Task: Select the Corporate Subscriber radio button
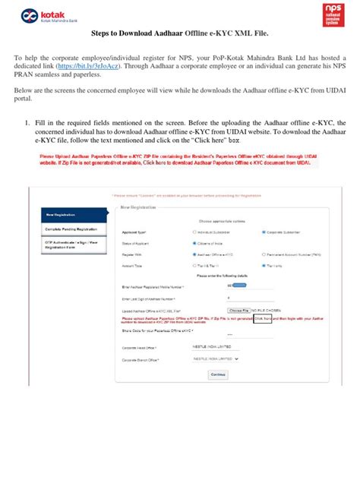tap(264, 232)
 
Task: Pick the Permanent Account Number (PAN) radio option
tap(264, 254)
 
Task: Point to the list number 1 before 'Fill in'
tap(28, 122)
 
